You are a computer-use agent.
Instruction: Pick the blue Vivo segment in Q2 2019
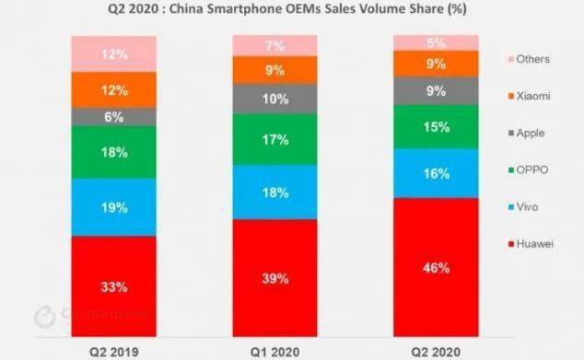pyautogui.click(x=113, y=207)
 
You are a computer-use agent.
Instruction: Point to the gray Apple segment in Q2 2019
pyautogui.click(x=113, y=117)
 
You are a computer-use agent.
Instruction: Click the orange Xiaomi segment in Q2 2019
pyautogui.click(x=113, y=89)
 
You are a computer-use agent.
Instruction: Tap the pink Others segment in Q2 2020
pyautogui.click(x=437, y=42)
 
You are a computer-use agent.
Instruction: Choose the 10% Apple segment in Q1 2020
pyautogui.click(x=274, y=99)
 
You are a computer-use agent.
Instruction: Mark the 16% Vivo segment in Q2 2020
pyautogui.click(x=437, y=173)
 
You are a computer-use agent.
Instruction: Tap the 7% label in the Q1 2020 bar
pyautogui.click(x=274, y=44)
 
